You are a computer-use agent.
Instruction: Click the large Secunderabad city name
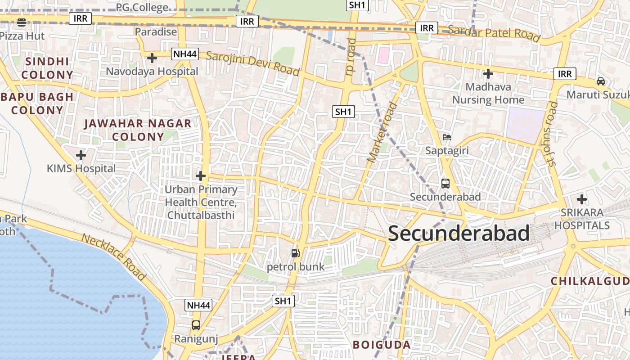tap(459, 234)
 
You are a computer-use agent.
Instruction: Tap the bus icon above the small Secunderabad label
tap(445, 184)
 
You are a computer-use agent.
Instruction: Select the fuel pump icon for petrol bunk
tap(295, 253)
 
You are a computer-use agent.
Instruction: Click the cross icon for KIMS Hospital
tap(81, 156)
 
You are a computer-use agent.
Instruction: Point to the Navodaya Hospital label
tap(152, 72)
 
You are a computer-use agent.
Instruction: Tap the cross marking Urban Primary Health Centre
tap(201, 176)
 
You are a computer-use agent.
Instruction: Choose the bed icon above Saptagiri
tap(446, 137)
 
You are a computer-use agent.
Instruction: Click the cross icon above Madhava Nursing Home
tap(488, 74)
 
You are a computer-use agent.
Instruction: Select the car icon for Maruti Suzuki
tap(600, 81)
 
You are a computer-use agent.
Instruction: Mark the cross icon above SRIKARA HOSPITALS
tap(581, 199)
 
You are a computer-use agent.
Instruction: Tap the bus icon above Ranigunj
tap(196, 325)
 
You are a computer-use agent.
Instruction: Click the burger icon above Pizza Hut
tap(21, 22)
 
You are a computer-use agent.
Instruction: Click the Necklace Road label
tap(114, 257)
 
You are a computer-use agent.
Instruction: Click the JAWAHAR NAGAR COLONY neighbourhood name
tap(138, 130)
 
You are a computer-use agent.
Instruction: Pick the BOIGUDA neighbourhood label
tap(382, 345)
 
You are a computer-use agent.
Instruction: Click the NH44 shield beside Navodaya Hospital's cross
tap(185, 54)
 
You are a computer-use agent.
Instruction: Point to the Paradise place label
tap(156, 32)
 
